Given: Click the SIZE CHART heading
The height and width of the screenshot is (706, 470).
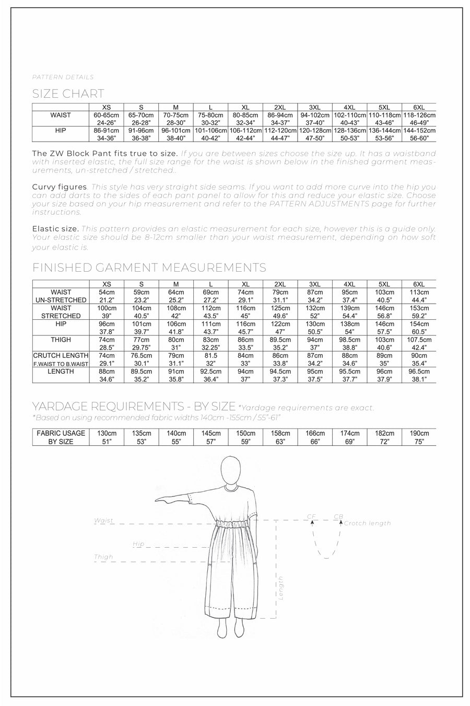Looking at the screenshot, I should pos(68,94).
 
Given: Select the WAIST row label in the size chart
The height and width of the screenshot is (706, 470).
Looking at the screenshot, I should pos(61,115).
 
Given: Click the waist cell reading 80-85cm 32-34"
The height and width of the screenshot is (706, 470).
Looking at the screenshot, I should pos(246,119).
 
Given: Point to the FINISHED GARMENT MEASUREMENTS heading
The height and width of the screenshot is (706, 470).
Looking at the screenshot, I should pos(149,268).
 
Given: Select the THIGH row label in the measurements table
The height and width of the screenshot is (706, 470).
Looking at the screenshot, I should pos(61,340).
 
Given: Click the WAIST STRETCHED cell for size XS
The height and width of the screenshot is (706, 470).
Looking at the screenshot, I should pos(107,312).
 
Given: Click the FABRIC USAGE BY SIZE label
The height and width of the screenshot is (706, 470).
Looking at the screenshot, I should pos(61,437).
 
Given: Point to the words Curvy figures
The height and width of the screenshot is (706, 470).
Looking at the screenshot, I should pos(59,187).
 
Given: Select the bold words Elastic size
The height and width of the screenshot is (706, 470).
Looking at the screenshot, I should pos(55,228).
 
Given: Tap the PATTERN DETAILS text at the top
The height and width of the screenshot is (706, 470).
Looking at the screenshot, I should pos(63,77).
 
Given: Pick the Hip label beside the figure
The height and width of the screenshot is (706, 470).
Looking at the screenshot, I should pos(138,544).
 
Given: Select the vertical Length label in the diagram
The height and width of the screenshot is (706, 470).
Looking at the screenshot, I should pos(281,587).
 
